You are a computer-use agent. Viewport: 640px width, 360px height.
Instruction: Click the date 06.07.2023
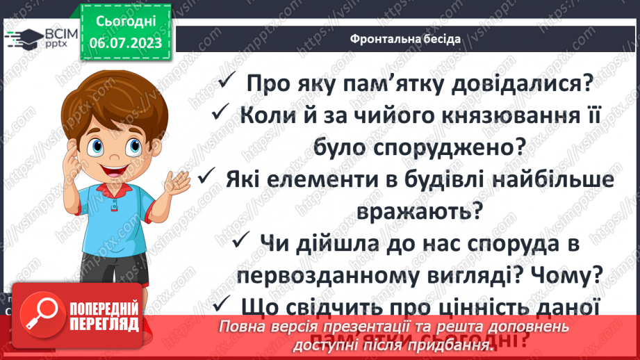(126, 44)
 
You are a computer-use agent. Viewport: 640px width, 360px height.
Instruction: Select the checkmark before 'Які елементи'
(205, 179)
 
